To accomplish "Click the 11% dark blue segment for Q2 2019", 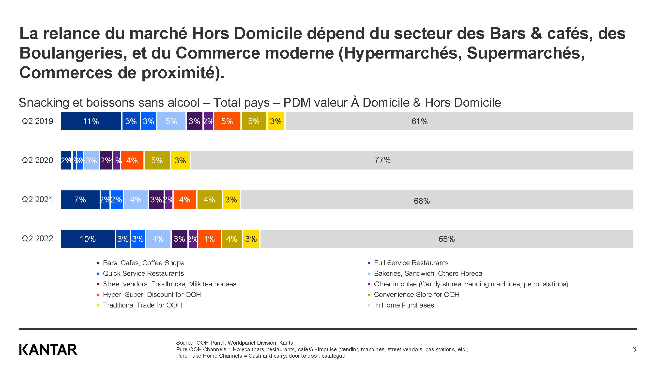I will [91, 121].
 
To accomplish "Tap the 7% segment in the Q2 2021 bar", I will [80, 200].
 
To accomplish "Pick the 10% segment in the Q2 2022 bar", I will [88, 239].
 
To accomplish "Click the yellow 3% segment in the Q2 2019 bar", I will [276, 121].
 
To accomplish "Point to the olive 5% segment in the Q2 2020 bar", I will [157, 160].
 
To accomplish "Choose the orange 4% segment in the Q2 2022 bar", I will [209, 239].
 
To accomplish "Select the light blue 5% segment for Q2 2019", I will [171, 121].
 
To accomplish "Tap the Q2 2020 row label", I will [37, 160].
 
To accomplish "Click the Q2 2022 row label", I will [37, 239].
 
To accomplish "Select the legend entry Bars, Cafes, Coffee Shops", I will [143, 263].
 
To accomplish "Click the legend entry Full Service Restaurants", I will [411, 263].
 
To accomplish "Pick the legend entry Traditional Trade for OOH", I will [142, 305].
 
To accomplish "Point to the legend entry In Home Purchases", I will [404, 305].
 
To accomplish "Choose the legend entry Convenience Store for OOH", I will [416, 295].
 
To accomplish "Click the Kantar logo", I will [48, 349].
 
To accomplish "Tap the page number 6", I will [634, 349].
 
